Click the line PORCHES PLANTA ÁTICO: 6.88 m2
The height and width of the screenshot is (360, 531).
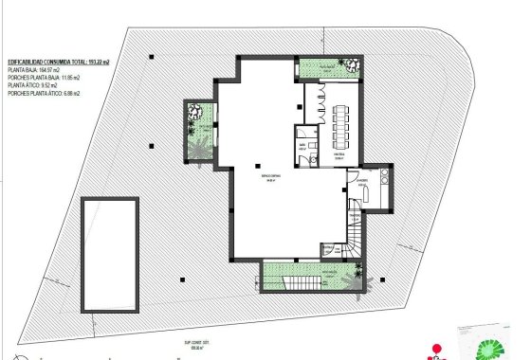pyautogui.click(x=42, y=94)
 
